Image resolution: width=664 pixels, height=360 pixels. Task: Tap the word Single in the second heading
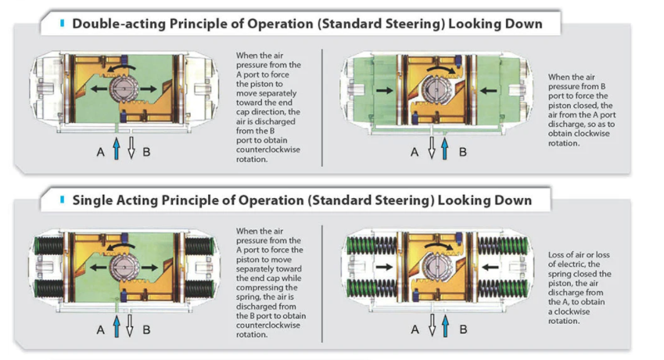[94, 200]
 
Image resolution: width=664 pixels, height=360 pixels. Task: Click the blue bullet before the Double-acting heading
[62, 23]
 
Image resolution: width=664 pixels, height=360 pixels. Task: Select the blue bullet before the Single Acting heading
[62, 200]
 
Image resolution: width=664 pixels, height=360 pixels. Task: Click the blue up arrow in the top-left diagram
[117, 146]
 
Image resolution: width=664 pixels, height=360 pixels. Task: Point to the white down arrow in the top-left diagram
[131, 146]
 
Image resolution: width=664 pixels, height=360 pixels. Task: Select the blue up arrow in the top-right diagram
[445, 147]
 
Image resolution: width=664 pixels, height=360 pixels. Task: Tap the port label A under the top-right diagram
[415, 152]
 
